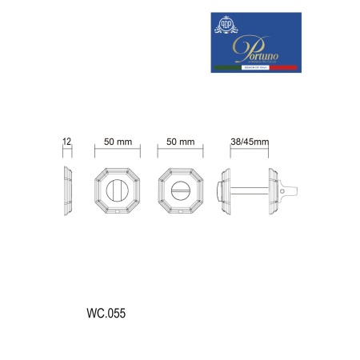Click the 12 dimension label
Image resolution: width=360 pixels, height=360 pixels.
68,142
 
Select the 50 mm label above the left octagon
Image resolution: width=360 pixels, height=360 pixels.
118,142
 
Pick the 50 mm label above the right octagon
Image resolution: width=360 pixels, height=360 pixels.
181,142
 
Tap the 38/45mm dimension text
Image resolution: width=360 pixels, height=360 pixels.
249,142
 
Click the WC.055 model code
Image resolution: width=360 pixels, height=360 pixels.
105,313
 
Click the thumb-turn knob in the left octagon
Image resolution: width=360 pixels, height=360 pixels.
118,192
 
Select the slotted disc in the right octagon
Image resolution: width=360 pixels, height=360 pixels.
181,192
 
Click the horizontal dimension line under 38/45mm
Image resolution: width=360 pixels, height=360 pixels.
249,150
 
